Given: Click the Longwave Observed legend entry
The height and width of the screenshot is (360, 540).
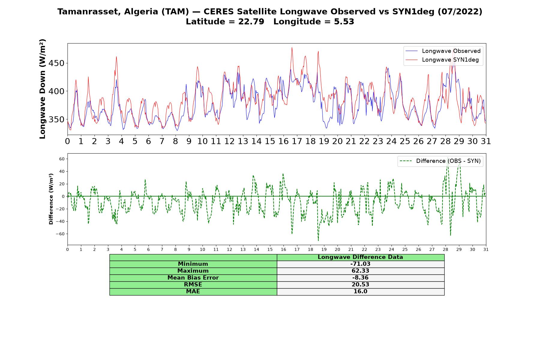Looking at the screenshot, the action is tap(443, 51).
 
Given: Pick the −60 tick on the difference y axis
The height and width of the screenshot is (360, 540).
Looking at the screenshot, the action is tap(60, 234).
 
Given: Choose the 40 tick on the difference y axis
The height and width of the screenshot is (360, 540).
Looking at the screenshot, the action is tap(62, 172).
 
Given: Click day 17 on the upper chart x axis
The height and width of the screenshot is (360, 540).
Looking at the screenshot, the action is tap(297, 141).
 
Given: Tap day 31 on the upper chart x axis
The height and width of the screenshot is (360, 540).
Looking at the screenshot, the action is tap(486, 141).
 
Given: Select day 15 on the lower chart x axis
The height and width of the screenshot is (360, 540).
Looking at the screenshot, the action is tap(270, 250).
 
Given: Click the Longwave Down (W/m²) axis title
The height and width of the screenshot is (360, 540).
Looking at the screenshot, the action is tap(43, 89).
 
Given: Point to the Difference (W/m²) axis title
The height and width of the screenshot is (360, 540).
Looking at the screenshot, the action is tap(51, 199).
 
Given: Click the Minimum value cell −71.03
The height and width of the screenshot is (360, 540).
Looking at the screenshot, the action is tap(360, 264).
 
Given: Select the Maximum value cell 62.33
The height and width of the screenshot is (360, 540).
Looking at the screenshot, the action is tap(360, 271).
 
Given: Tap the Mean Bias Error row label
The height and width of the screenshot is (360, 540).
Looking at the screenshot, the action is tap(193, 278).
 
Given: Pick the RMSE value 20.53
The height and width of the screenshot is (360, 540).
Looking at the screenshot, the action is tap(360, 285).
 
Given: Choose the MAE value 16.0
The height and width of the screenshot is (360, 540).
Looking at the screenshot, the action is tap(360, 292).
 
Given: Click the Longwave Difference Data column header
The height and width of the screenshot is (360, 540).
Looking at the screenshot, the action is tap(360, 257).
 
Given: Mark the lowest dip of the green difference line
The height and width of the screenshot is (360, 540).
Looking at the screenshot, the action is tap(318, 241).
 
